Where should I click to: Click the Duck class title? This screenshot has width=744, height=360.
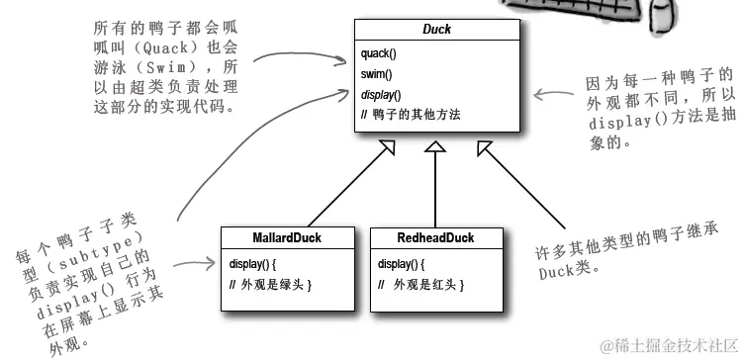437,30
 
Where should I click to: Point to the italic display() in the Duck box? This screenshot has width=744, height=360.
381,95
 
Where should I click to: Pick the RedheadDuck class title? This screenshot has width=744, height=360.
435,237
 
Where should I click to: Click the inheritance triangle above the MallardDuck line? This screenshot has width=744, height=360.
387,149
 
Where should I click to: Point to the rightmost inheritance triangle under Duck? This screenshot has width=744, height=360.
484,149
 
